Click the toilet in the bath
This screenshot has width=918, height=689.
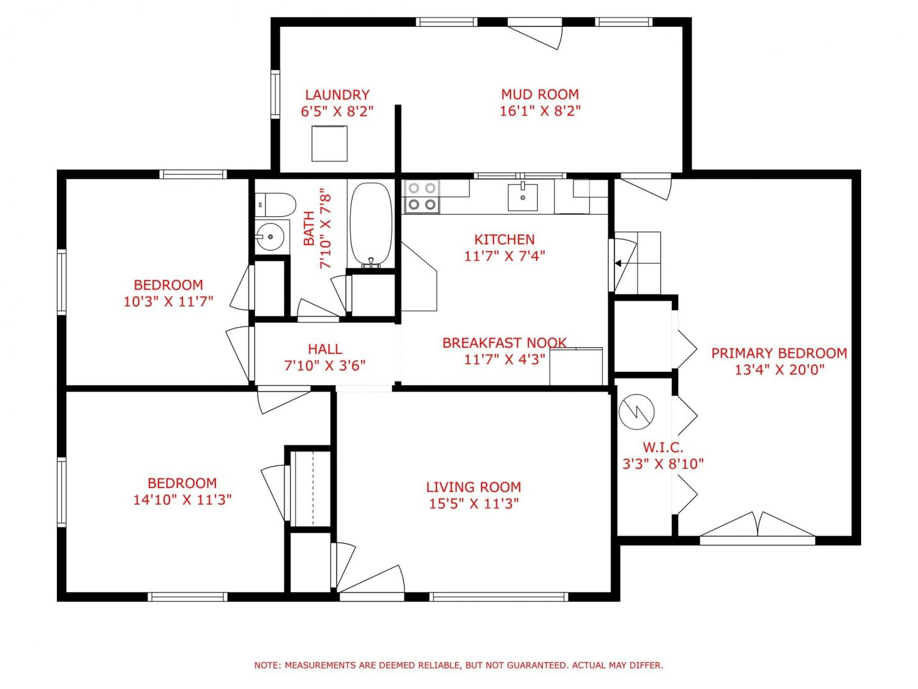tap(275, 205)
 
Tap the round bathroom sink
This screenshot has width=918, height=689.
tap(270, 236)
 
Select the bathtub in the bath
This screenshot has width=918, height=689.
tap(371, 225)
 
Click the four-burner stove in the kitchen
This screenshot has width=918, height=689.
tap(421, 196)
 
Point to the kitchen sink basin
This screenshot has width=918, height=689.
tap(523, 197)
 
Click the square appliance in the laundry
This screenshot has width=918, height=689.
tap(329, 143)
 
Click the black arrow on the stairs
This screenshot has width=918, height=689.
tap(618, 263)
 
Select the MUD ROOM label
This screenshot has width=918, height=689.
tap(540, 94)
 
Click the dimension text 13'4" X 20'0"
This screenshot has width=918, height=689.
tap(779, 370)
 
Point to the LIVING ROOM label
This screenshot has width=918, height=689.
tap(474, 487)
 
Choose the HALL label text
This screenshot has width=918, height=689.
tap(324, 349)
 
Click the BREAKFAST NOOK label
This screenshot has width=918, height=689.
tap(504, 343)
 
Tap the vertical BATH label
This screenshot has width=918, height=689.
tap(308, 228)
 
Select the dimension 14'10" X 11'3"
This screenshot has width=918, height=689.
tap(182, 500)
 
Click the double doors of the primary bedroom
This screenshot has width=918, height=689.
tap(758, 525)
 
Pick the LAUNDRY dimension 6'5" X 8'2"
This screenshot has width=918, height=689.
tap(337, 111)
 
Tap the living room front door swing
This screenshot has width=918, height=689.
tap(371, 579)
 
